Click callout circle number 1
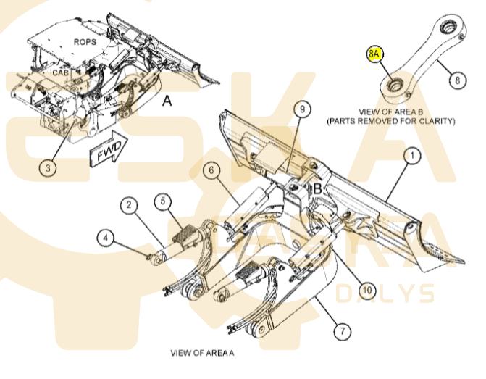(411, 155)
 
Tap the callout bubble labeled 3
(47, 168)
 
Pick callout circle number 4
(106, 236)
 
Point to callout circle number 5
(164, 200)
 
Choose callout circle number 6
(210, 171)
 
